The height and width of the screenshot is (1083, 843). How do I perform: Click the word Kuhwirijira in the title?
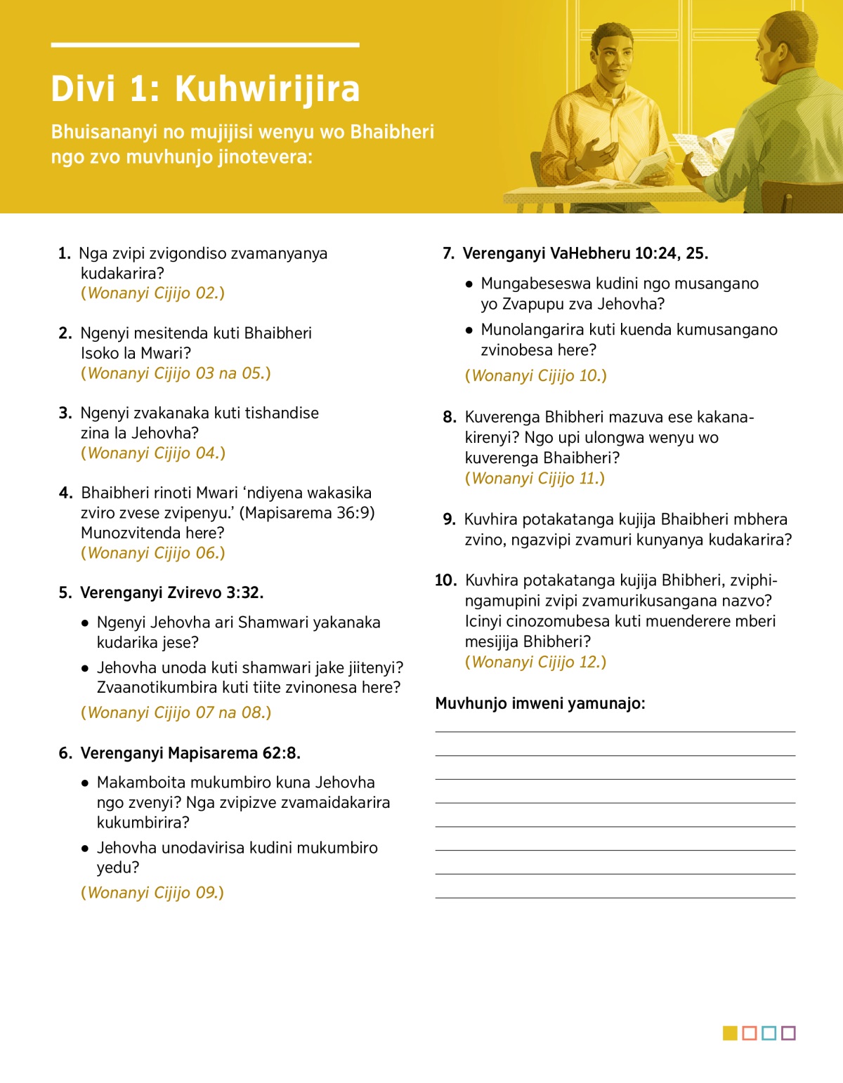tap(267, 90)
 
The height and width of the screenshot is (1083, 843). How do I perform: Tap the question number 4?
tap(65, 493)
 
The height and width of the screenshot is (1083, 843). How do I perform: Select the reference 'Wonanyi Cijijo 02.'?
tap(153, 293)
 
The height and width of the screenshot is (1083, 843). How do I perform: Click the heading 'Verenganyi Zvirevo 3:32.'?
tap(171, 593)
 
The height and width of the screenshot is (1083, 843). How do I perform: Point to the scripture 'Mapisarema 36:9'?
tap(307, 513)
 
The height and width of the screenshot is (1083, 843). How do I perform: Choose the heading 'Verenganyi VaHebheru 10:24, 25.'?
tap(585, 253)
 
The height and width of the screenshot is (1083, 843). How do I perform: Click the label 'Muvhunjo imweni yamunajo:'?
tap(540, 703)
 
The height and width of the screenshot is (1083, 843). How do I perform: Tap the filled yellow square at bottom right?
tap(730, 1033)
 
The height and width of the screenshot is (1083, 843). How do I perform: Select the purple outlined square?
tap(788, 1033)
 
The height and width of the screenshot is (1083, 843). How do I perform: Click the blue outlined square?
tap(769, 1033)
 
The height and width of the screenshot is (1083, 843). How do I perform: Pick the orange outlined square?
tap(750, 1033)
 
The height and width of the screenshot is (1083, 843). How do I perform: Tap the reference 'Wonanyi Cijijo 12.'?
tap(535, 662)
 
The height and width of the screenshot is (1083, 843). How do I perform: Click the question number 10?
tap(445, 580)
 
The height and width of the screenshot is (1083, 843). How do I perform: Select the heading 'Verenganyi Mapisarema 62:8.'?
tap(190, 753)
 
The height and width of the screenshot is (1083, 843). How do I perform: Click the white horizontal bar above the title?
tap(205, 45)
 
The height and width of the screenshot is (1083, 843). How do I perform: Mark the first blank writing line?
tap(615, 731)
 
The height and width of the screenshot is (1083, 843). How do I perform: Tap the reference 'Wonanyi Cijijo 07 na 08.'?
tap(176, 713)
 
